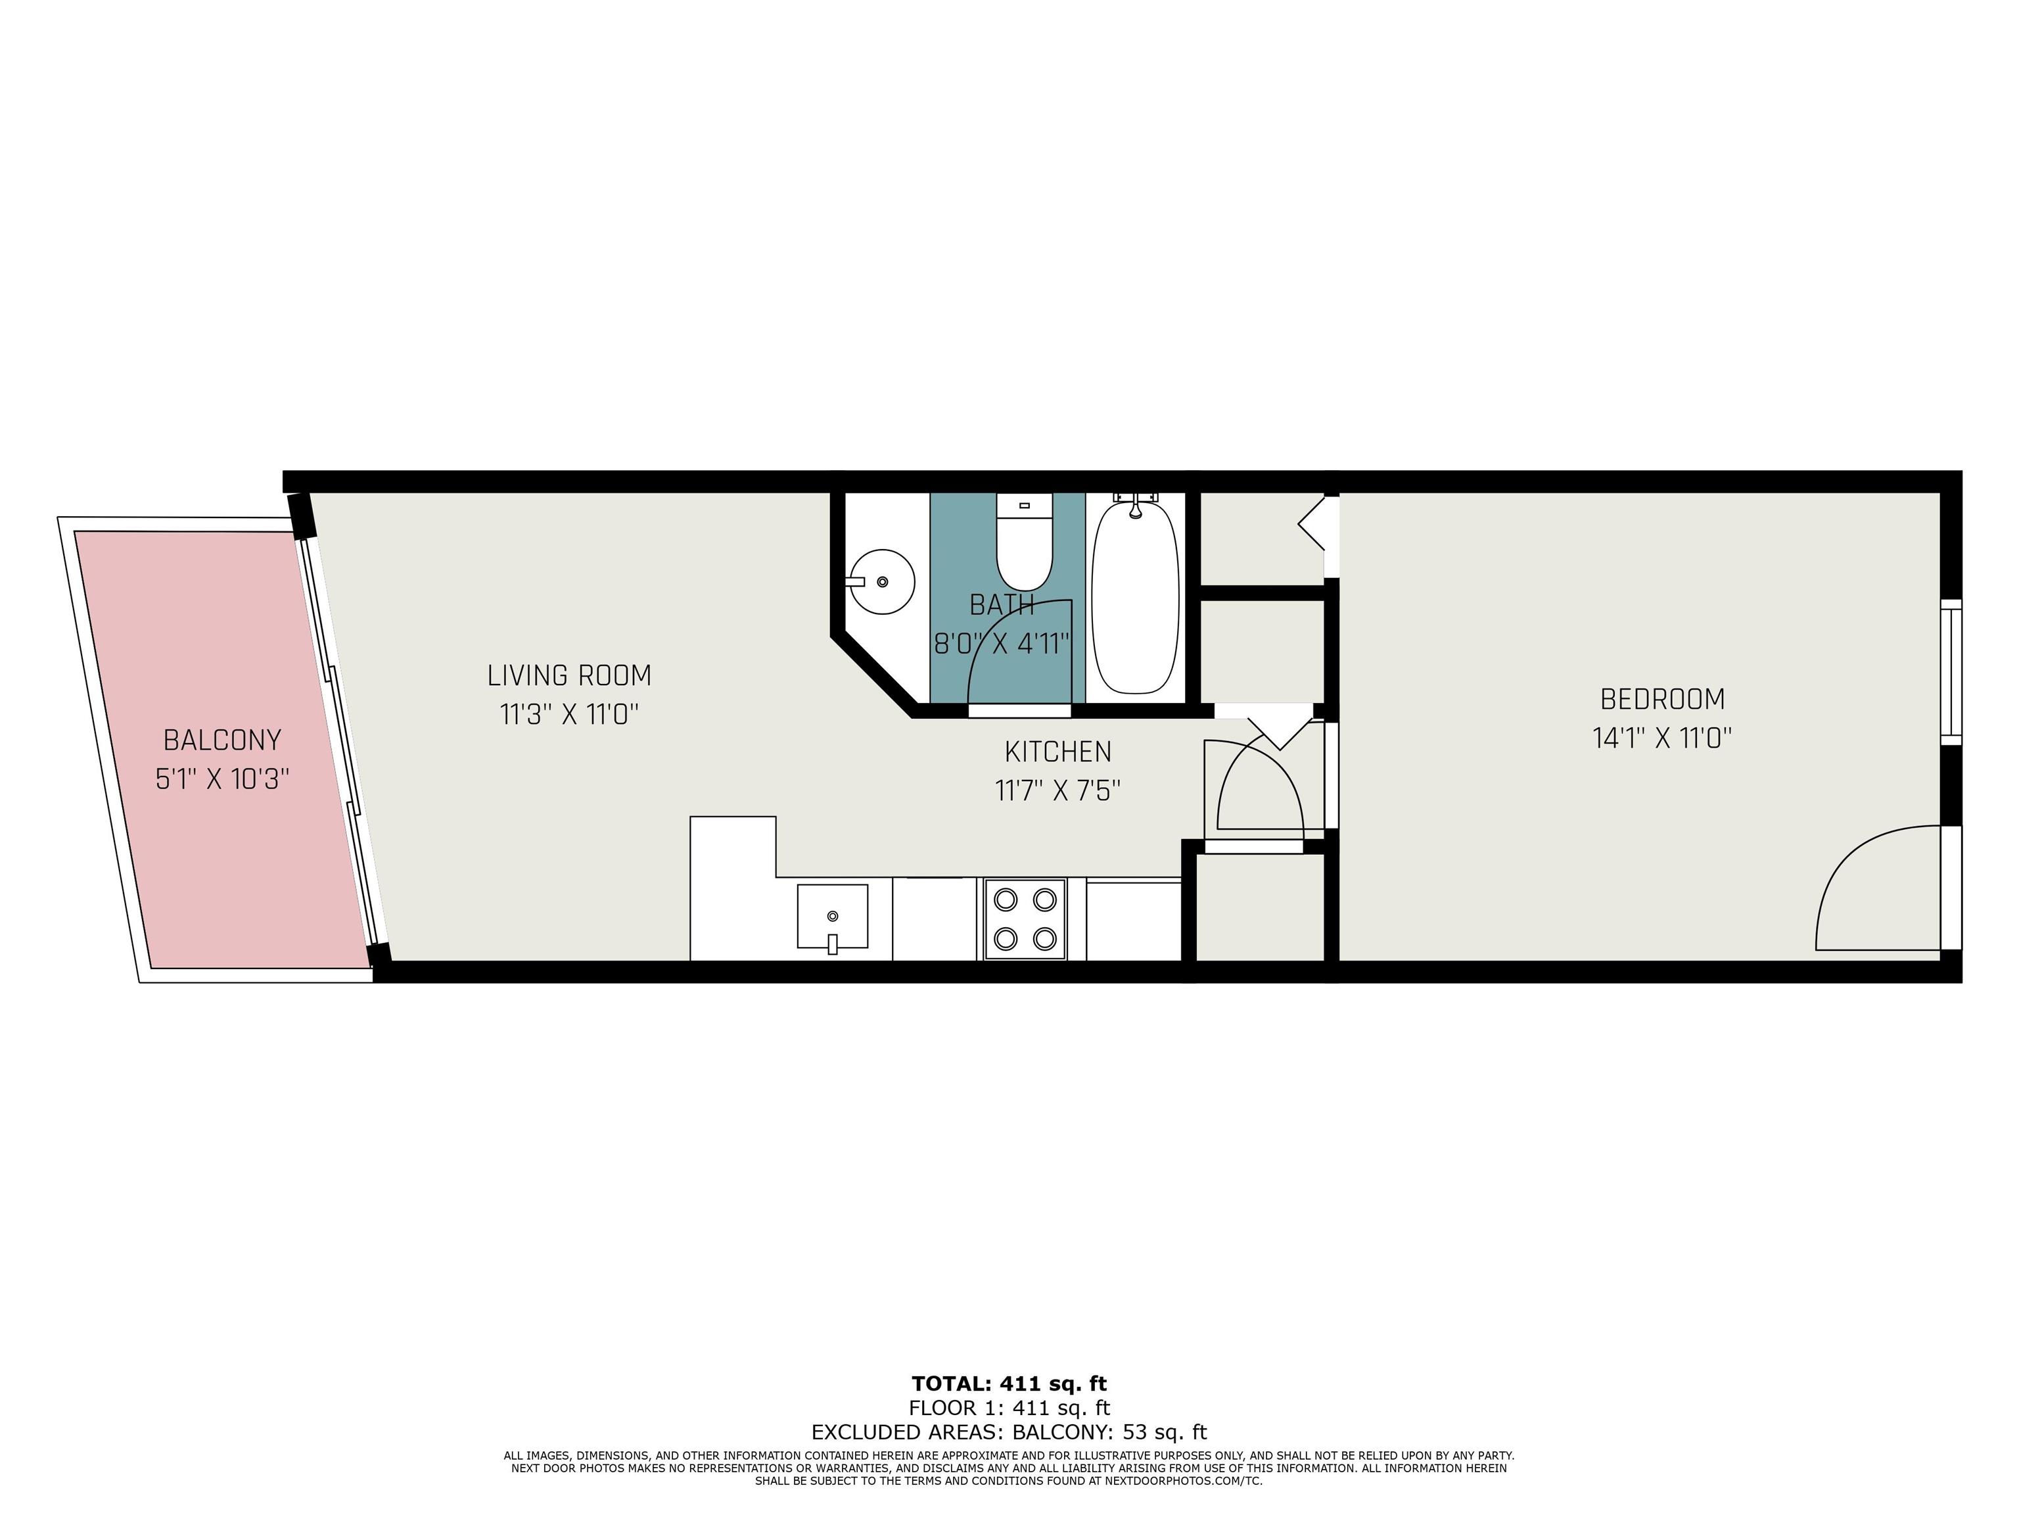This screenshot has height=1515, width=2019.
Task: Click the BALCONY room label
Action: [221, 740]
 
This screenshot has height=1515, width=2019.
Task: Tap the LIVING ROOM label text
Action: [570, 676]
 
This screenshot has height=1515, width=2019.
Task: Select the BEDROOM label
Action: [1662, 700]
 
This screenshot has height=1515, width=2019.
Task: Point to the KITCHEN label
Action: [1058, 752]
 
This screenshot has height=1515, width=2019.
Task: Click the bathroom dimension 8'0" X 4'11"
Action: [1002, 644]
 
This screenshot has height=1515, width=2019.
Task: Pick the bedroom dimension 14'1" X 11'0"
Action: [1662, 738]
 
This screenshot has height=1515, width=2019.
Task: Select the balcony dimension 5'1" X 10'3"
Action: [221, 779]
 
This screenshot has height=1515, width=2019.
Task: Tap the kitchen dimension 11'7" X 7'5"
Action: [1058, 790]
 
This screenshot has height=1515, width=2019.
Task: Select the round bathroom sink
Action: [880, 582]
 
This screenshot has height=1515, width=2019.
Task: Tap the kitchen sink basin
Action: [833, 916]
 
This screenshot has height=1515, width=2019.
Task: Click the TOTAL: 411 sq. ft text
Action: [1009, 1383]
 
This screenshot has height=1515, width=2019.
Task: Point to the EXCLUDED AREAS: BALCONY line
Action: [1009, 1432]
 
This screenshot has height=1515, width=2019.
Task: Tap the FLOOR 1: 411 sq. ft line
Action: [1009, 1408]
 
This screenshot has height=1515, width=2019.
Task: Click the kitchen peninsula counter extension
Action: [733, 888]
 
